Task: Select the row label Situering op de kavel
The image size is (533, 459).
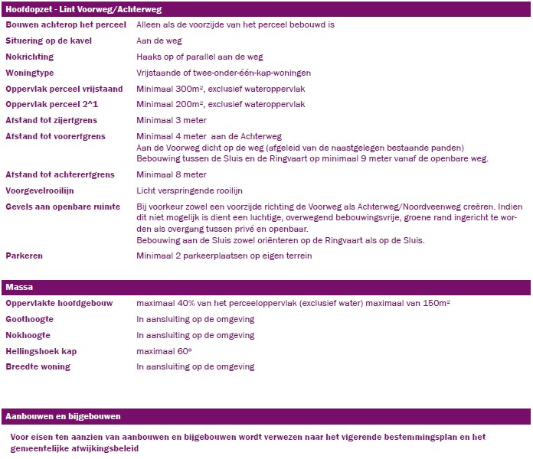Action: [x=48, y=40]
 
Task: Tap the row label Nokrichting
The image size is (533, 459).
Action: [x=30, y=57]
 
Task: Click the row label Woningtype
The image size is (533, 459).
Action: [x=30, y=73]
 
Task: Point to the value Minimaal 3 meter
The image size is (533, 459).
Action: [x=172, y=120]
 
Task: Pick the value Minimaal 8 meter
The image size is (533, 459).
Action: [x=172, y=174]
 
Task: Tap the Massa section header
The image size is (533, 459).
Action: [x=19, y=288]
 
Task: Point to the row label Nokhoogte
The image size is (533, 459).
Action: [x=28, y=335]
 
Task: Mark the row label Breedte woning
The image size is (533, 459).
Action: [x=38, y=367]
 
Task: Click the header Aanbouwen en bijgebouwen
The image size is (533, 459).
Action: [x=64, y=416]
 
